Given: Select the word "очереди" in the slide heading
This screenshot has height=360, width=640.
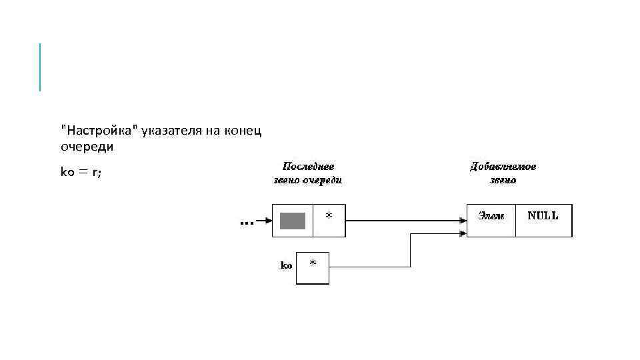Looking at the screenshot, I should pos(87,146).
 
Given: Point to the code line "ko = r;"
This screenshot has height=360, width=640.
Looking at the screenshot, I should pos(81,172).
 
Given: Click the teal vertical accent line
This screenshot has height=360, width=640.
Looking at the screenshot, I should pos(40,67).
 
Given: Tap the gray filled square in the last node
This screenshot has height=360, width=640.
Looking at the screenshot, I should pos(292,221).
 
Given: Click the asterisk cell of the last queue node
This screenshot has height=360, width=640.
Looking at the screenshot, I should pos(329,220).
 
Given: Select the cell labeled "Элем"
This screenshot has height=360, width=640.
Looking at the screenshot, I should pos(491,220).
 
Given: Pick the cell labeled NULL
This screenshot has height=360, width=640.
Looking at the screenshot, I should pos(543,220).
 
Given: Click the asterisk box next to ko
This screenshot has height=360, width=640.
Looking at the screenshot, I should pos(313,267).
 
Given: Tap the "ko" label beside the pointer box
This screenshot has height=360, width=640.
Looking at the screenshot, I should pos(286,265).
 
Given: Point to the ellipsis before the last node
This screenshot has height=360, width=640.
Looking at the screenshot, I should pos(246,223).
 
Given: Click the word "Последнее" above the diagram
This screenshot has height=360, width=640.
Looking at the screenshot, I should pos(309,167).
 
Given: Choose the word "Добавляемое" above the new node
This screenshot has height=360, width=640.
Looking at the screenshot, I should pos(503,167).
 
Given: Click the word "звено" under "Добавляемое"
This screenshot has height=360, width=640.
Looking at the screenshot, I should pos(503,180).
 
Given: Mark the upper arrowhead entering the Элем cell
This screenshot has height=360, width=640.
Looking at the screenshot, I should pos(462,221).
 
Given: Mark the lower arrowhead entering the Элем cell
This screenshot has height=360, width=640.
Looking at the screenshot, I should pos(462,233).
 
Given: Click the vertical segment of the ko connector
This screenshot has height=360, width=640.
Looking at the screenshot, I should pos(411,250).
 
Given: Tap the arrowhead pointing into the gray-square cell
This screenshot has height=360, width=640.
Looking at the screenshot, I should pos(268,221).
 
